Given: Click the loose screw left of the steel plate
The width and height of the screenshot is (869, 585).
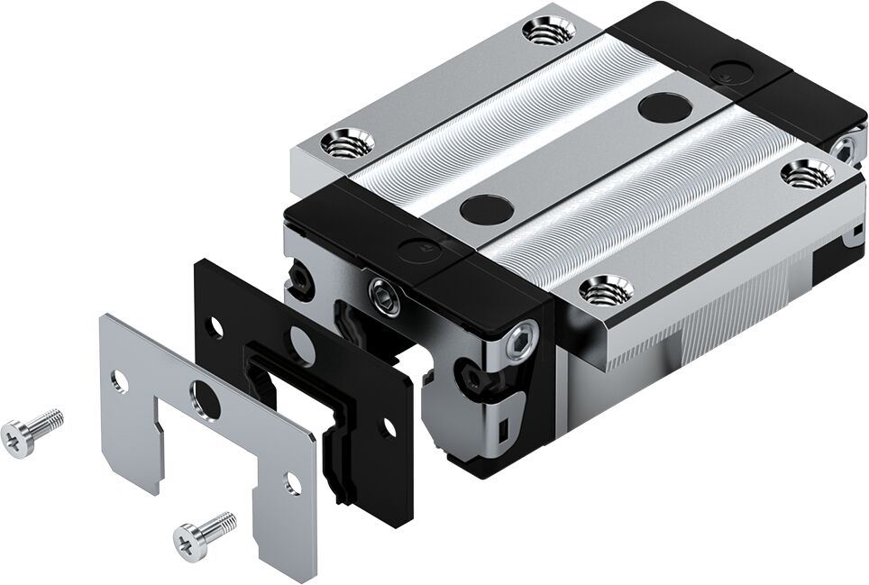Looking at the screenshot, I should pos(32,433).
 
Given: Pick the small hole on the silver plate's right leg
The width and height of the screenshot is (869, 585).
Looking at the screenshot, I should pos(292,484).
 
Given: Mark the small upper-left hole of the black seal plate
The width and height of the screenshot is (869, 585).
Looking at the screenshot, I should pos(217,328).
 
